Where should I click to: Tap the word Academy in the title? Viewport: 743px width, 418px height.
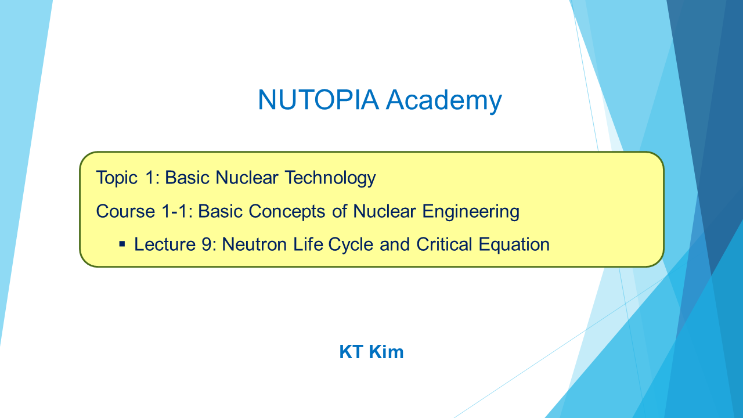[x=444, y=101]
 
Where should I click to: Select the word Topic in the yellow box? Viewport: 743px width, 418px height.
[x=117, y=178]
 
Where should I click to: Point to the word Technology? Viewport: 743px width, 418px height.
[x=330, y=178]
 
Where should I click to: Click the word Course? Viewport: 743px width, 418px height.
[x=125, y=211]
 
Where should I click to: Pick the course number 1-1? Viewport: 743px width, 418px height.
[x=175, y=211]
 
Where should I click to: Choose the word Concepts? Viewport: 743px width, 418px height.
[x=287, y=212]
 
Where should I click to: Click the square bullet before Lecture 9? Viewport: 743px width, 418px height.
[x=122, y=244]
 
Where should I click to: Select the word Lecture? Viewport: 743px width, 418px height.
[x=165, y=244]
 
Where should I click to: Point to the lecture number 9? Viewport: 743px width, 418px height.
[x=206, y=244]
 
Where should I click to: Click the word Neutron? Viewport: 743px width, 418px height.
[x=254, y=244]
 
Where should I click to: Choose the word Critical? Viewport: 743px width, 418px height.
[x=444, y=244]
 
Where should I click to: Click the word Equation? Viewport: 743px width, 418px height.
[x=514, y=245]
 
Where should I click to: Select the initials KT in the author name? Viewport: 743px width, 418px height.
[x=351, y=352]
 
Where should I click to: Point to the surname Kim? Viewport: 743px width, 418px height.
[x=387, y=352]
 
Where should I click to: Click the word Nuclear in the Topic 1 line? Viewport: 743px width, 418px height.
[x=247, y=178]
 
